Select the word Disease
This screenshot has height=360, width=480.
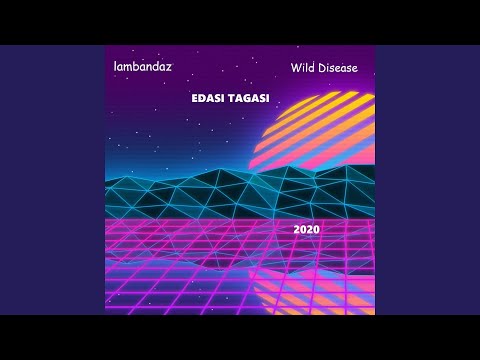[338, 68]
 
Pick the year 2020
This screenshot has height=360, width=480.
[306, 229]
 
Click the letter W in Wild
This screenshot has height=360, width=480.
[297, 68]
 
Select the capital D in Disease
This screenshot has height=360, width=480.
[322, 68]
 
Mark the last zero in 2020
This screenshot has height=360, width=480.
[315, 229]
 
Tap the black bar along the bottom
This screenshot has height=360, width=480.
[240, 337]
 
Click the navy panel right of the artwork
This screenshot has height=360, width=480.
[427, 180]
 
